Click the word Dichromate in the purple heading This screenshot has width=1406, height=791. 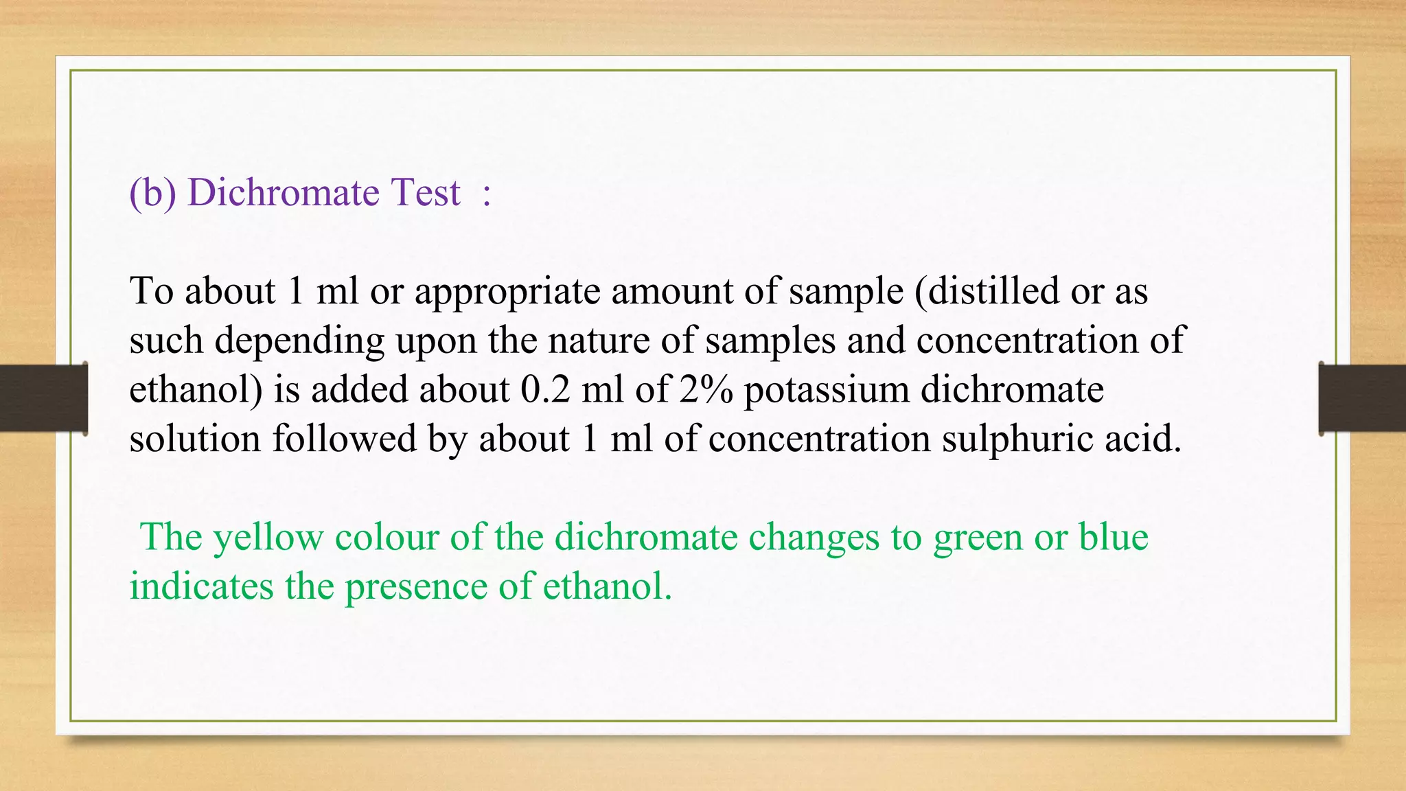(283, 192)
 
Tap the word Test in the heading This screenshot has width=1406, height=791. (426, 192)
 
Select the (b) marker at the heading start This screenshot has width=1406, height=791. (152, 193)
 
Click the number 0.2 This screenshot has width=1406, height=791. (545, 389)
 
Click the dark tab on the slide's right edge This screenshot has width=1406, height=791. (1362, 398)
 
